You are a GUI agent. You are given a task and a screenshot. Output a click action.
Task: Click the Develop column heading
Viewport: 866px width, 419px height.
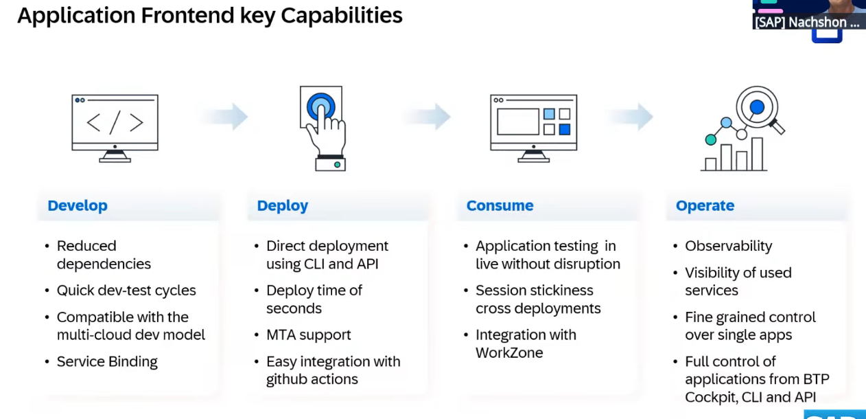(78, 205)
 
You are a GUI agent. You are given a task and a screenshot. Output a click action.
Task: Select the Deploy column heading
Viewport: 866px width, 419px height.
(283, 206)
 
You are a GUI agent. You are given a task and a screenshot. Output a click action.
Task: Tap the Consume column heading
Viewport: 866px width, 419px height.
(500, 205)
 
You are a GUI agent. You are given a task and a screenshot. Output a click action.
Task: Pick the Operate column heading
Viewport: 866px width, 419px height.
(705, 206)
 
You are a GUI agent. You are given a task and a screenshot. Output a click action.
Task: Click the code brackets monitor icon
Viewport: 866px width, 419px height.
(115, 128)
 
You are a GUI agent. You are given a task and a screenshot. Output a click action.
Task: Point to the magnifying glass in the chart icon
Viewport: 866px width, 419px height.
(760, 110)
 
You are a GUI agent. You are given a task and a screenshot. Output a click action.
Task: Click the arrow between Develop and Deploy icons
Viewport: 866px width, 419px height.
(224, 116)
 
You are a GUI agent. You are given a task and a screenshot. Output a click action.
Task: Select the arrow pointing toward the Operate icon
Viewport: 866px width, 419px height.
(629, 116)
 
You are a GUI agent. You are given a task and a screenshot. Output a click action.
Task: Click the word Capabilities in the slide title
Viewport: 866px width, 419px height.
(341, 16)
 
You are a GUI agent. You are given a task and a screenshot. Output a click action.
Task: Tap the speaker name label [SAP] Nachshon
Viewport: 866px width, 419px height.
(806, 23)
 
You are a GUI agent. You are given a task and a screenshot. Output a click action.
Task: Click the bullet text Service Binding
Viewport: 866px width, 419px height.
(107, 362)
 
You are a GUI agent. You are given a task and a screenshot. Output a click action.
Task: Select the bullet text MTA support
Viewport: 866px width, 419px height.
(309, 335)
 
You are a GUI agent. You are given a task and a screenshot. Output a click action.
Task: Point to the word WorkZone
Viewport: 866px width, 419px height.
(509, 353)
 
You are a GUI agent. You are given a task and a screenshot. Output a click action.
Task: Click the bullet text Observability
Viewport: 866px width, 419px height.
(728, 246)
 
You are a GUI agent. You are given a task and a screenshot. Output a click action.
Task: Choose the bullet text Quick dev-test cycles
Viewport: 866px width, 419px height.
(126, 291)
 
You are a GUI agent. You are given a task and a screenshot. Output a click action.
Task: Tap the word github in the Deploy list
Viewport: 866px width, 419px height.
(286, 380)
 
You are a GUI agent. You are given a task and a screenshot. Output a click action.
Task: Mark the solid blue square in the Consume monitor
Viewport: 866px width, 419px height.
(565, 129)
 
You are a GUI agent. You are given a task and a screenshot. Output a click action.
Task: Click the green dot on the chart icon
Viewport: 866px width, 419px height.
(711, 139)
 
